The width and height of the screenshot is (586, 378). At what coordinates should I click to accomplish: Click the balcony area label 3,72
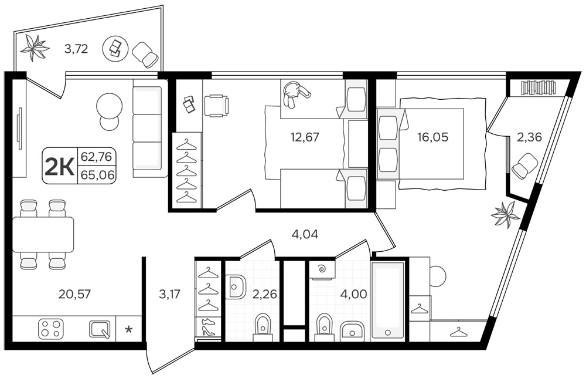76,49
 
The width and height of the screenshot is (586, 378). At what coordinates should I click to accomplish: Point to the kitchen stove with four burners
49,329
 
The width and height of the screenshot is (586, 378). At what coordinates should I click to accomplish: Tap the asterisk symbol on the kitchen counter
128,330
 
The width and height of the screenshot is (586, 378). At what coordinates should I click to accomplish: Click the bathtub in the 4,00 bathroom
388,301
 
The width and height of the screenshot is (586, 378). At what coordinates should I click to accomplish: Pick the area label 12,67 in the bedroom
305,137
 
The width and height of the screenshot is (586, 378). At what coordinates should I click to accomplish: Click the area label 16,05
433,137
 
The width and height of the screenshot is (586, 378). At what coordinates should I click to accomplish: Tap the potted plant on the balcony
35,48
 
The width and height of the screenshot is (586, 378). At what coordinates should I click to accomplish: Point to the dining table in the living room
43,234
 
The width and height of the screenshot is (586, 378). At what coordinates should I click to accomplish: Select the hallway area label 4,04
305,235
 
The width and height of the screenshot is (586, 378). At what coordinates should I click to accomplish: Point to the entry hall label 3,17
170,294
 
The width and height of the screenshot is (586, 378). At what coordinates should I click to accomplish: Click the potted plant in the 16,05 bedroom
506,214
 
